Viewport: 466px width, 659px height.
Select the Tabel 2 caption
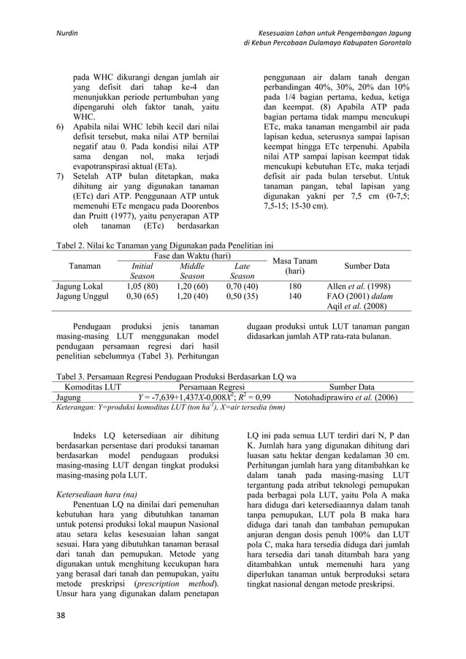(161, 246)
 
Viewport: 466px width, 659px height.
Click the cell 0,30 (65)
(142, 297)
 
